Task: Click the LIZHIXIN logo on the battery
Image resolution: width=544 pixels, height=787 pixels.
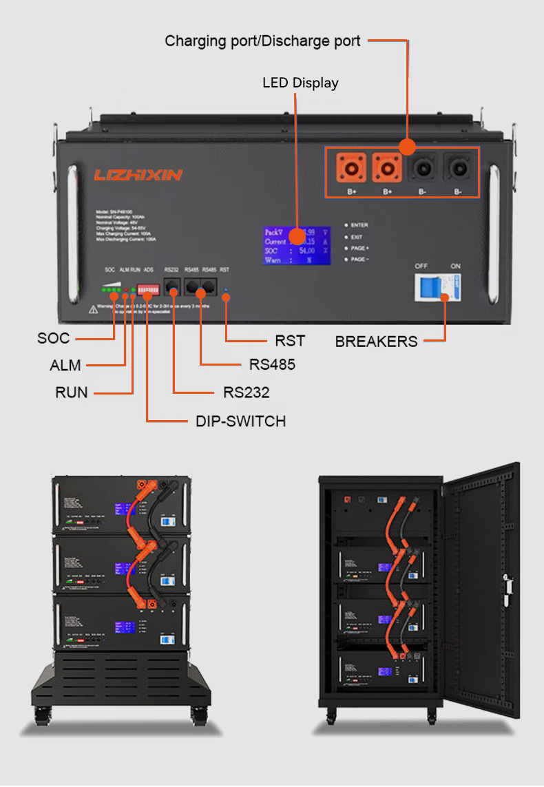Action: [138, 175]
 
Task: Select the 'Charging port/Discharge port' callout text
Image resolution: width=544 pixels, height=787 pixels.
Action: [262, 41]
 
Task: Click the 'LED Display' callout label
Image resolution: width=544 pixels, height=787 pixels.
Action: [300, 83]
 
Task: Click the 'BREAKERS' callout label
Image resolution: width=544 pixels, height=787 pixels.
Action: [376, 342]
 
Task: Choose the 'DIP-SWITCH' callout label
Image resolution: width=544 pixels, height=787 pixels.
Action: [240, 421]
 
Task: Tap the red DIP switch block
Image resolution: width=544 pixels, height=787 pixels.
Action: [146, 286]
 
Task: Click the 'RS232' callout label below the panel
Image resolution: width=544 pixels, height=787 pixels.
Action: [246, 392]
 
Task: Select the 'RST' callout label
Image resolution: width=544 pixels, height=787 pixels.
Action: [289, 341]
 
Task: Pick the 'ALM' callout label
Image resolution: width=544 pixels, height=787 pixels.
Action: [65, 366]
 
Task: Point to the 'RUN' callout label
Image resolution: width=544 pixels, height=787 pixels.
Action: [72, 393]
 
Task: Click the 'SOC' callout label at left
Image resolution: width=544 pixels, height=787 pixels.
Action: [53, 339]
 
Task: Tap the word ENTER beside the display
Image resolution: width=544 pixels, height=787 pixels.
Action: [359, 225]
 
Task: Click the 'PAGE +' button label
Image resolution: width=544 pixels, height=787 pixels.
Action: [359, 248]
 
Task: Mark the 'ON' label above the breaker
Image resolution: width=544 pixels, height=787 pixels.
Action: [455, 266]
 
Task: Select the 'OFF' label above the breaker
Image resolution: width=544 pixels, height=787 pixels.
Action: [421, 266]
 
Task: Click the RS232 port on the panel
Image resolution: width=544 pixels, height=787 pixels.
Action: [172, 286]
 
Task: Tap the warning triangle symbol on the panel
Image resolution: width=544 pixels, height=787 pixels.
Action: [92, 310]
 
